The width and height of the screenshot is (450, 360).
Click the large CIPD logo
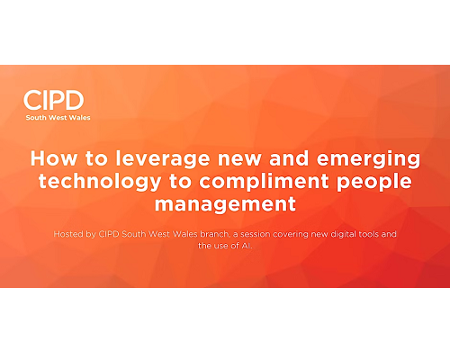pos(54,100)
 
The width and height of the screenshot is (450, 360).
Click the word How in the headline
pos(54,158)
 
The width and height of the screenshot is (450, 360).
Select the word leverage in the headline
pos(163,160)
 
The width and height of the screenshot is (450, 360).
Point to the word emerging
pos(368,160)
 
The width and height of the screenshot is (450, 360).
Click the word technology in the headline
pos(100,183)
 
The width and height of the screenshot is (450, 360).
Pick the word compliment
pos(264,183)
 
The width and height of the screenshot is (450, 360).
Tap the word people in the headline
pos(373,183)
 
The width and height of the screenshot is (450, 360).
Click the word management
pos(225,205)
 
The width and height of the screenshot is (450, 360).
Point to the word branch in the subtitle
pos(214,234)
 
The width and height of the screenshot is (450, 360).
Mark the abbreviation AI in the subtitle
pos(246,246)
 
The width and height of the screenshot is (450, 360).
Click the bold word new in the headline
pos(239,160)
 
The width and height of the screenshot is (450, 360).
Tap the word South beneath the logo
pos(36,118)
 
